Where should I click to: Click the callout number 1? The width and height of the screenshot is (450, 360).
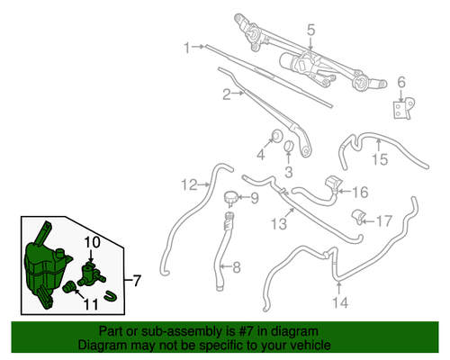point(188,47)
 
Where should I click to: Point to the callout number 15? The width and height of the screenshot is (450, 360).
point(379,160)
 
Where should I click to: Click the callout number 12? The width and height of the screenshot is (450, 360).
point(187,185)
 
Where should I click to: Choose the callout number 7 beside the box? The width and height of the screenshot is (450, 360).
point(137,282)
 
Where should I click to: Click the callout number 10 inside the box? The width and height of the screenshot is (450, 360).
point(94,243)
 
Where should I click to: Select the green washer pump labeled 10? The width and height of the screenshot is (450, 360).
point(90,271)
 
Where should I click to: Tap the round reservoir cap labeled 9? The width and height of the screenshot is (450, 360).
point(230,197)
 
